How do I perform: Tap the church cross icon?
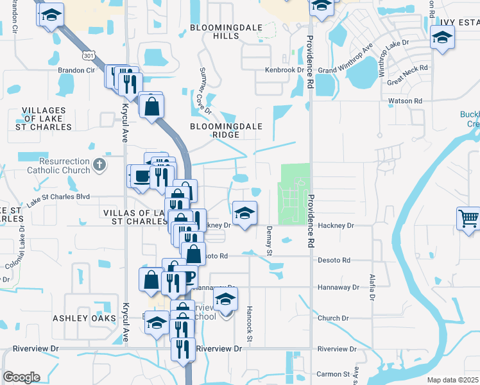[99, 166]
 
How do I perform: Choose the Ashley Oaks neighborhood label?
[80, 318]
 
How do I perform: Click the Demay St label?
[270, 240]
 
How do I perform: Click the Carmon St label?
[346, 373]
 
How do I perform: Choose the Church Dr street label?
[332, 318]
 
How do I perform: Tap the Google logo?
[21, 377]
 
